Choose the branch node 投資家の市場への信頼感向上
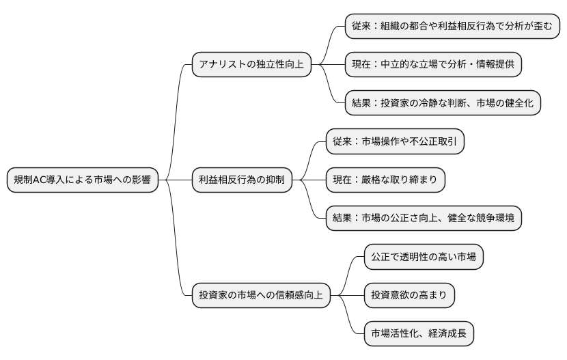260,295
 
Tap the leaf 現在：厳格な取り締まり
385,180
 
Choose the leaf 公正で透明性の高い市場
424,257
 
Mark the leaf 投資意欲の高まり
409,295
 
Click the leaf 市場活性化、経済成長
419,333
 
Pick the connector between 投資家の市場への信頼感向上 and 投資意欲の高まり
347,295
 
